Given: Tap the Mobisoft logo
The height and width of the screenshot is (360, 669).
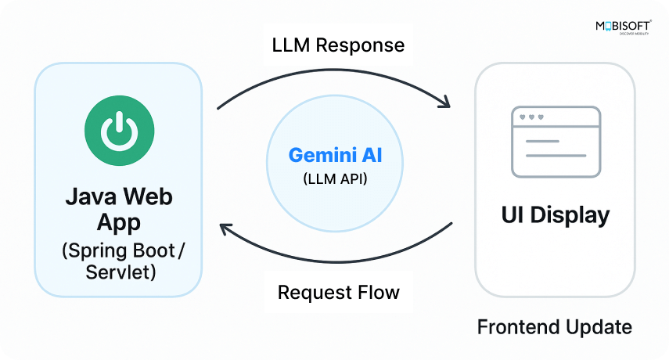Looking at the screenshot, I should (x=623, y=28).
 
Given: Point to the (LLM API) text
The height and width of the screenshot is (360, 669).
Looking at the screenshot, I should (x=334, y=178).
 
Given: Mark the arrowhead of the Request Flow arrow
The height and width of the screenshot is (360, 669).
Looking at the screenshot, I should (x=226, y=229).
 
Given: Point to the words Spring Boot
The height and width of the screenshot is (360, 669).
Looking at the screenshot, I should (x=125, y=251).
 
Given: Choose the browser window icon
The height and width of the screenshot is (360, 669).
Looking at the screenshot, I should (x=556, y=142).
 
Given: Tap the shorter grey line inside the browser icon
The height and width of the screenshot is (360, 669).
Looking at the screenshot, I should (x=542, y=142).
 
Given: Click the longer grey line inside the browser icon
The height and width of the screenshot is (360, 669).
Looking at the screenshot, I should (x=556, y=155).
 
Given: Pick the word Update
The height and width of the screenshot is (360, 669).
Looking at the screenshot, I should (x=601, y=326).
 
